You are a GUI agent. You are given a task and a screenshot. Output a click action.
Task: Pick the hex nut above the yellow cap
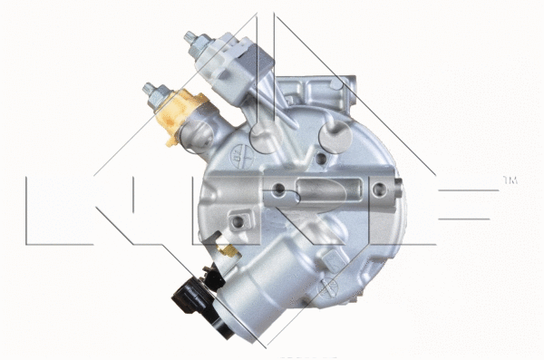pyautogui.click(x=151, y=91)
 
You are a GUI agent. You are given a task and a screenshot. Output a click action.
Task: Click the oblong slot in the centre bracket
pyautogui.click(x=323, y=191)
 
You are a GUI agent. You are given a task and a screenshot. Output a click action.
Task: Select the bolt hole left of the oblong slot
pyautogui.click(x=280, y=190)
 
